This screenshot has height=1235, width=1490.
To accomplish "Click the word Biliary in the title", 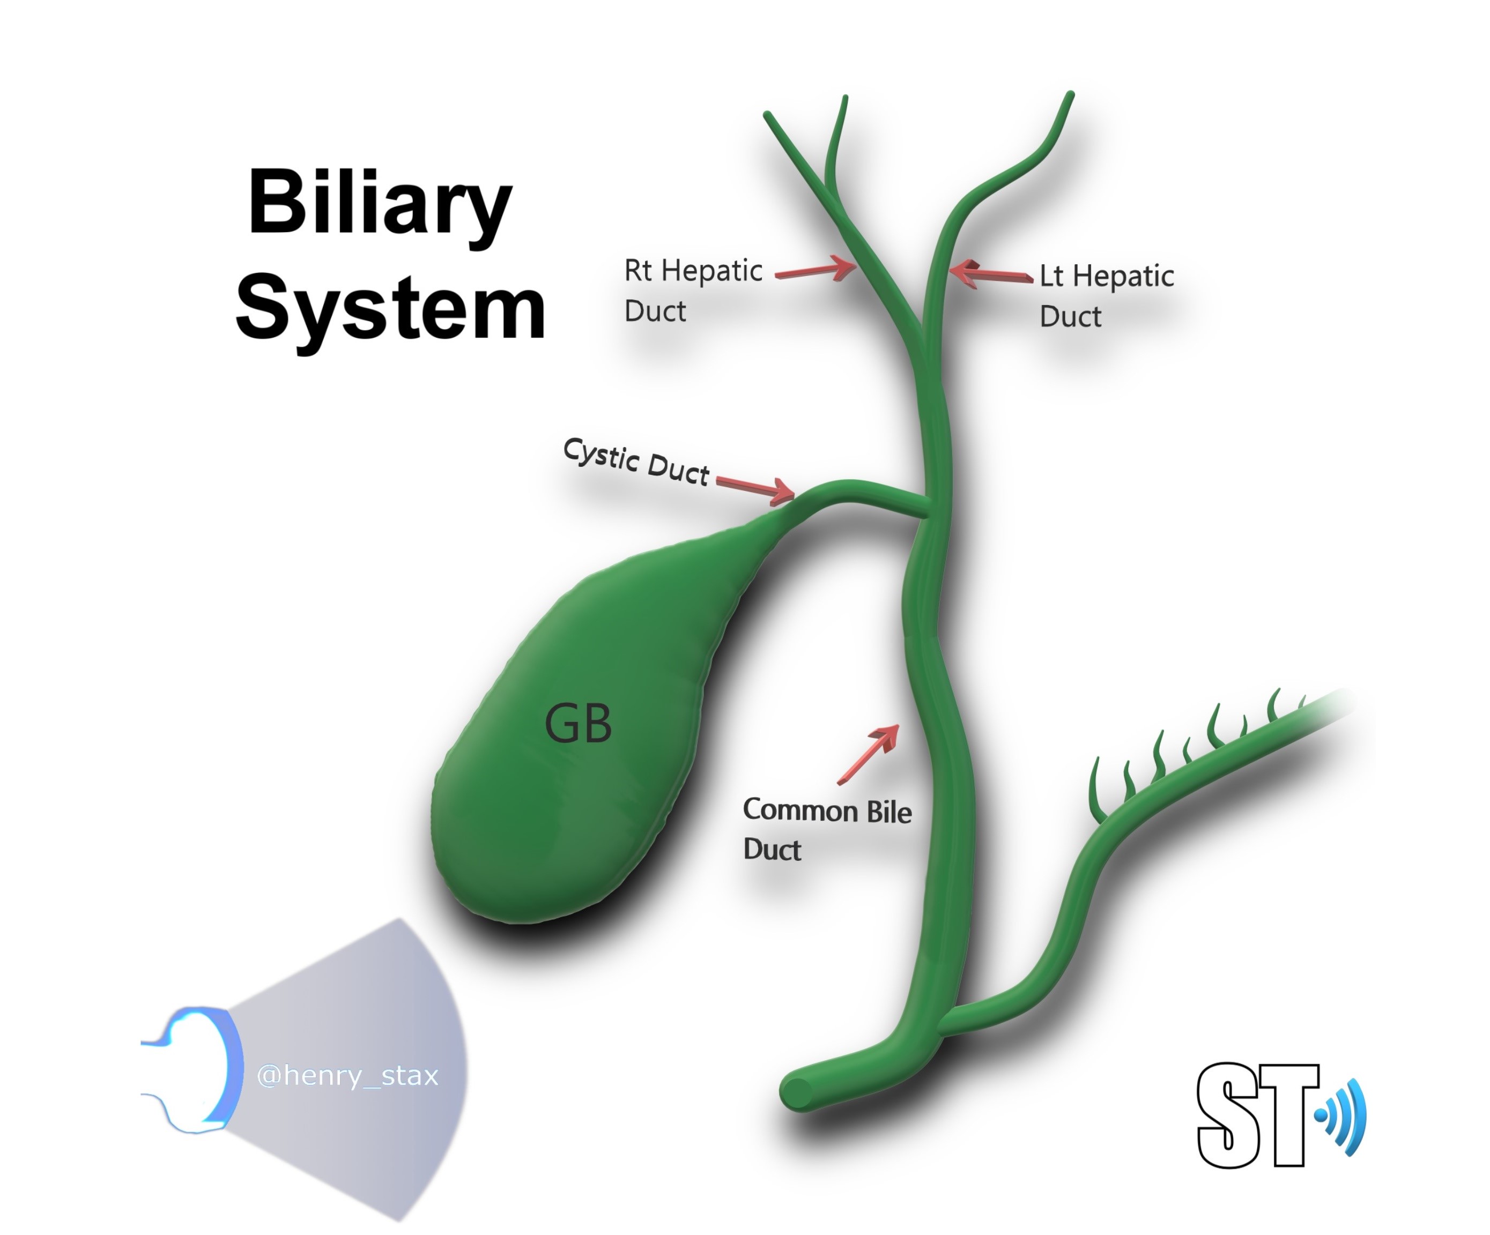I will point(380,204).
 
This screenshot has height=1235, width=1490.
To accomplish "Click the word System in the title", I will point(390,309).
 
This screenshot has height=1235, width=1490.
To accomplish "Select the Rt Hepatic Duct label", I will point(693,290).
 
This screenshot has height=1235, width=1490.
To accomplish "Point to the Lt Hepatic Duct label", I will point(1106,295).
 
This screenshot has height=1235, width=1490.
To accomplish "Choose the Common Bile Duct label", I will point(827,829).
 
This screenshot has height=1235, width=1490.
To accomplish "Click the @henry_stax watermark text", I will point(347,1075).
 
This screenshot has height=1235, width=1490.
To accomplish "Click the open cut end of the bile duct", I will point(798,1093).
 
